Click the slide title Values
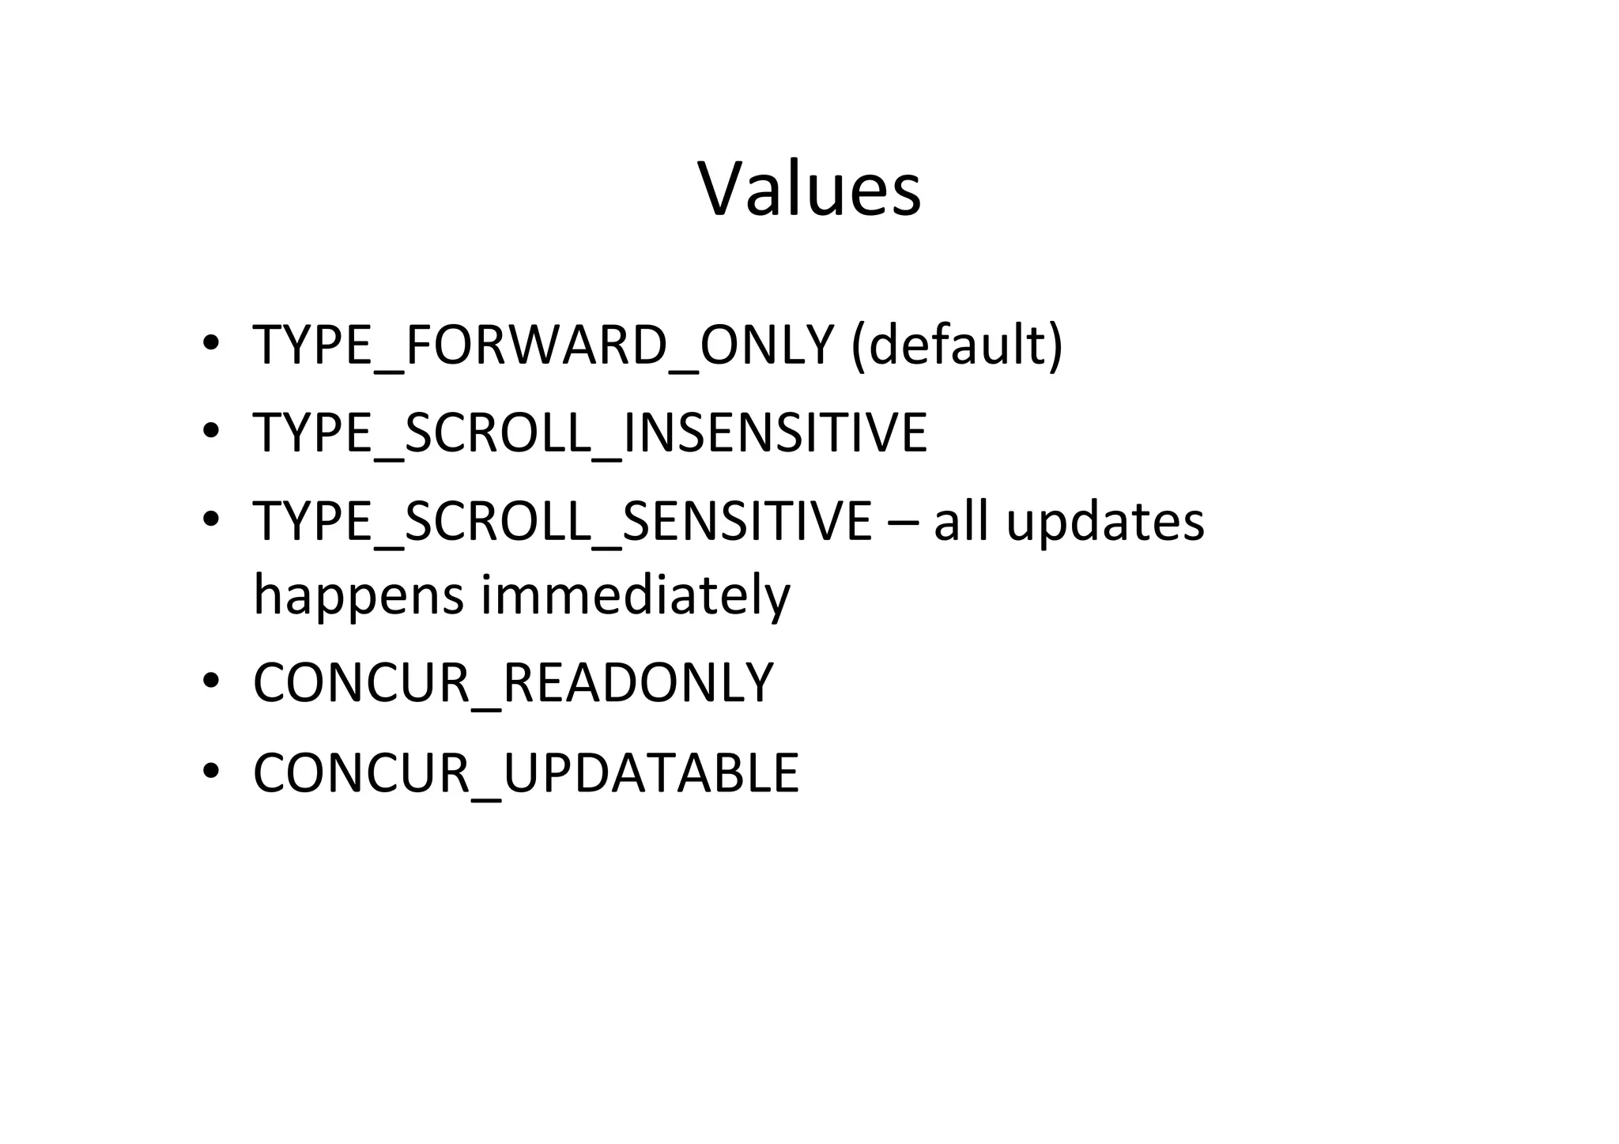(x=809, y=189)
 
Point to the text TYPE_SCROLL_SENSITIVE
(x=562, y=521)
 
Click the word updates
(x=1104, y=523)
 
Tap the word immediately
(x=635, y=595)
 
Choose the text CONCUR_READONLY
(x=513, y=682)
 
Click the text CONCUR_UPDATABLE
(x=526, y=772)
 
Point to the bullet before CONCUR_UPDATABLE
(x=210, y=771)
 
